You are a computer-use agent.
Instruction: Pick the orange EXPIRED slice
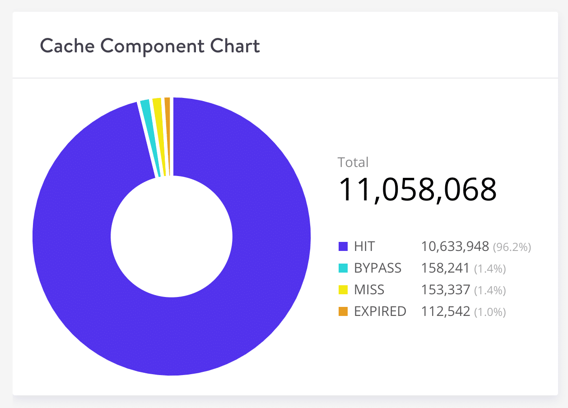click(x=168, y=135)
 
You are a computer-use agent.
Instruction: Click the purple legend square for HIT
click(x=343, y=246)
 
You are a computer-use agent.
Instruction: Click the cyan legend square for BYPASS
click(x=343, y=268)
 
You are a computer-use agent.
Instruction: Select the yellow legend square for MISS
click(x=343, y=290)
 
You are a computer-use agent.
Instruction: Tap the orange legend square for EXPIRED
click(x=343, y=311)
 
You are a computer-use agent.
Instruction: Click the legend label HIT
click(x=364, y=246)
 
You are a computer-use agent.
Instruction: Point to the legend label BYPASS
click(x=377, y=268)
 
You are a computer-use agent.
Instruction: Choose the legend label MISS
click(x=369, y=290)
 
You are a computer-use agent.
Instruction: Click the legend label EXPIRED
click(x=380, y=311)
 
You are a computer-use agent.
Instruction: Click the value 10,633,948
click(x=455, y=246)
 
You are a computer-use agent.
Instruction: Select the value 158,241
click(x=446, y=268)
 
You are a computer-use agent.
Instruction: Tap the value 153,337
click(x=446, y=290)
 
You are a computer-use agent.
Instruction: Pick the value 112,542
click(x=446, y=311)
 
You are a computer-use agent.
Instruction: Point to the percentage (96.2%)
click(x=512, y=247)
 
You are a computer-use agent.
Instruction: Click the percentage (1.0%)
click(x=490, y=312)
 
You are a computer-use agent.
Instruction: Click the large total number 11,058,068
click(x=417, y=190)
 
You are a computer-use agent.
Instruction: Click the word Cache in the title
click(x=67, y=46)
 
